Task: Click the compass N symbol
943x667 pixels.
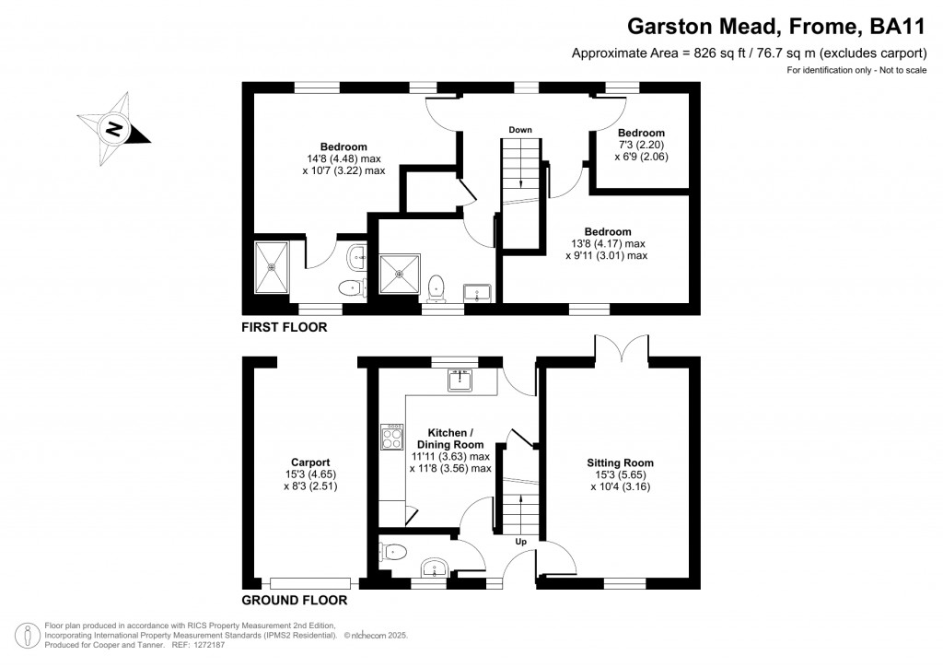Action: pyautogui.click(x=112, y=129)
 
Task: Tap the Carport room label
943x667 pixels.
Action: pyautogui.click(x=310, y=462)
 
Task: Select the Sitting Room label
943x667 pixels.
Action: pyautogui.click(x=620, y=463)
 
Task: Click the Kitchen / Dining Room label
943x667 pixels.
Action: pyautogui.click(x=450, y=439)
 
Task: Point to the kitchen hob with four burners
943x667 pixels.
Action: pyautogui.click(x=392, y=438)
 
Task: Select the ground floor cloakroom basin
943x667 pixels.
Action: pyautogui.click(x=434, y=568)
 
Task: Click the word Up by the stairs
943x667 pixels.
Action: pyautogui.click(x=521, y=542)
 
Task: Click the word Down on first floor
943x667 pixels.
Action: pyautogui.click(x=520, y=130)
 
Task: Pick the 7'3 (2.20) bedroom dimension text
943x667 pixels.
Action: pyautogui.click(x=641, y=145)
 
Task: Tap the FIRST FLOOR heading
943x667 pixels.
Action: pyautogui.click(x=285, y=327)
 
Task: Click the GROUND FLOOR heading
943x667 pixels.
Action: pyautogui.click(x=295, y=601)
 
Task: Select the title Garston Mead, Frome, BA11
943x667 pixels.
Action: pyautogui.click(x=776, y=26)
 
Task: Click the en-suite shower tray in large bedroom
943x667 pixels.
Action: pyautogui.click(x=272, y=267)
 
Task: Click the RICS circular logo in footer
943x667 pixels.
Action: pyautogui.click(x=27, y=636)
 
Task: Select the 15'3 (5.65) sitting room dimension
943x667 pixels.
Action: pyautogui.click(x=620, y=475)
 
